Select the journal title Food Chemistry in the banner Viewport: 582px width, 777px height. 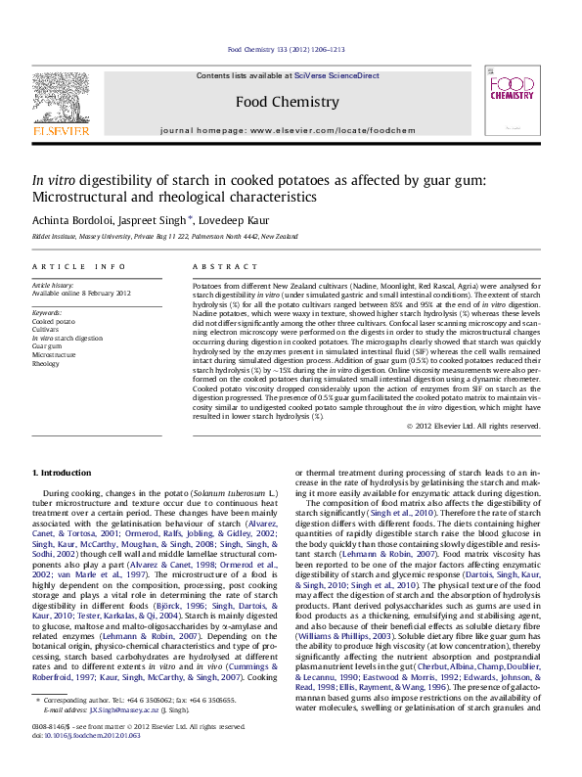288,102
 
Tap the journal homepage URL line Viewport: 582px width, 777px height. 288,129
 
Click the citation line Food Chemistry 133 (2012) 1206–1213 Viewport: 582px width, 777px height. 287,48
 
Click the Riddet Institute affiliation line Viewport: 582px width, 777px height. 151,237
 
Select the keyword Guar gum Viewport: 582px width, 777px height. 49,345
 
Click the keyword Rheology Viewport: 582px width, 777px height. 47,363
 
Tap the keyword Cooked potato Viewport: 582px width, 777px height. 54,320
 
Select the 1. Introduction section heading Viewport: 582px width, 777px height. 62,473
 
